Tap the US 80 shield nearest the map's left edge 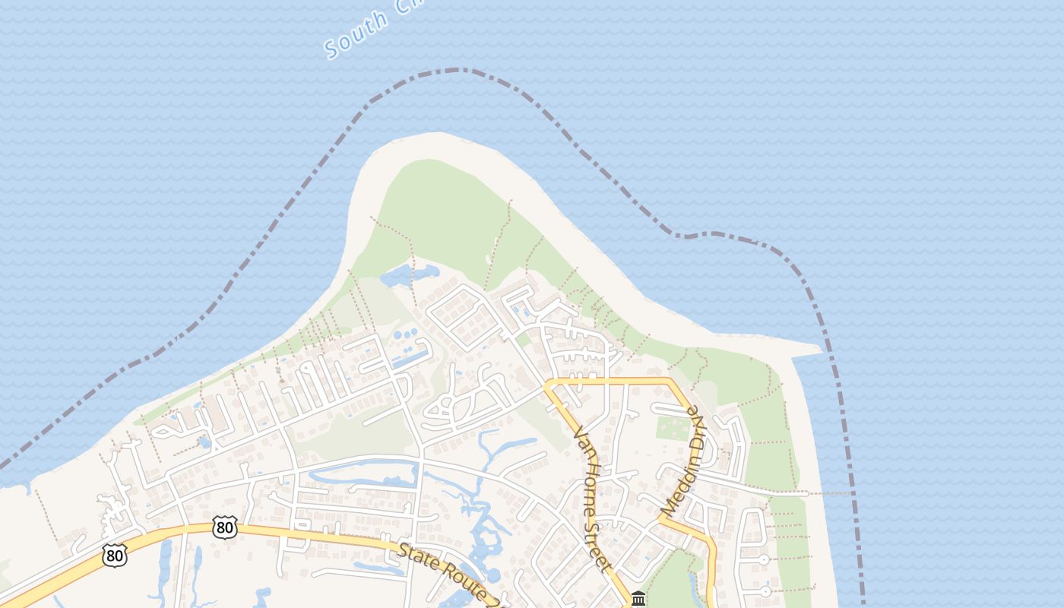tap(114, 556)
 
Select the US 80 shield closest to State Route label tap(225, 527)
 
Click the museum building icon tap(638, 599)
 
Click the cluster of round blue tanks tap(407, 334)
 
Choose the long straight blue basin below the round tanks tap(410, 356)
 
